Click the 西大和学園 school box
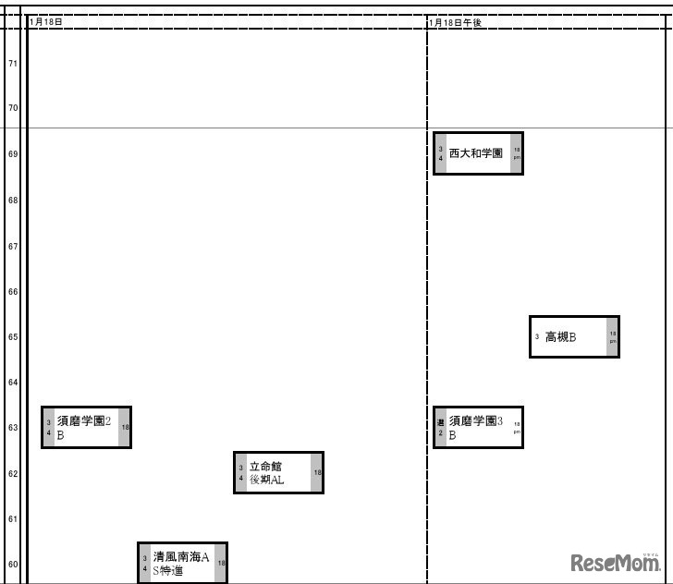(x=478, y=153)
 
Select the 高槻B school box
(x=574, y=336)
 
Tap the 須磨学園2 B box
(x=86, y=427)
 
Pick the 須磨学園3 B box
(x=478, y=427)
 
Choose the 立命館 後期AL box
(x=278, y=472)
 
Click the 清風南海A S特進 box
(x=182, y=563)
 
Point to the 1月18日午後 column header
(x=457, y=22)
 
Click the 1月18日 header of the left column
(x=46, y=22)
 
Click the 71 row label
(x=13, y=64)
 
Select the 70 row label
(x=13, y=108)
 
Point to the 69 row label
(x=13, y=154)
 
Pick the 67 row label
(x=13, y=247)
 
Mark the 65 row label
(x=13, y=337)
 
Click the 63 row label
(x=13, y=428)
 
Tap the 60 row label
(x=13, y=564)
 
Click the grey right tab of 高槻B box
(x=612, y=336)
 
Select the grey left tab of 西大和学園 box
(x=441, y=153)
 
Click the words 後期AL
(x=266, y=480)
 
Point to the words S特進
(x=168, y=571)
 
